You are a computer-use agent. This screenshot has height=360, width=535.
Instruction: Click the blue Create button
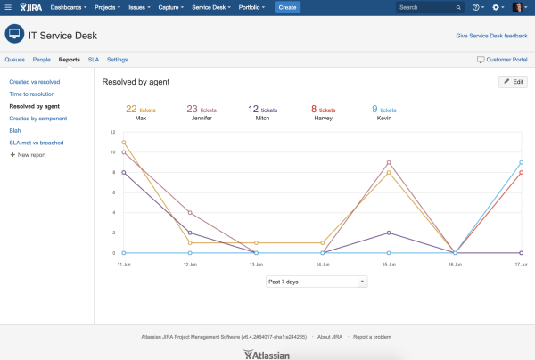[287, 7]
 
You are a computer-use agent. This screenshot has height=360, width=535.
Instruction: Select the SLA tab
[93, 60]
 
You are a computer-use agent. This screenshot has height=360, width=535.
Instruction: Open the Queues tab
[14, 60]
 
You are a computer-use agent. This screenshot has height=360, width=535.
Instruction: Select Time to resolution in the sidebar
[31, 93]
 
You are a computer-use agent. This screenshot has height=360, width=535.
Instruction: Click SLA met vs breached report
[37, 143]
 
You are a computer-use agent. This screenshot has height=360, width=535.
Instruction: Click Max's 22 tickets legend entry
[141, 112]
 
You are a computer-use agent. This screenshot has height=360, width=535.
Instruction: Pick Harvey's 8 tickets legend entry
[324, 112]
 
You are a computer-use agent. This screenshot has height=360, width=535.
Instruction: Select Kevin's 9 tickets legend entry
[383, 112]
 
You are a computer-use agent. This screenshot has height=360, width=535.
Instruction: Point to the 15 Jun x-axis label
[389, 266]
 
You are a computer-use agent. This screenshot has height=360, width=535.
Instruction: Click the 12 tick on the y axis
[113, 132]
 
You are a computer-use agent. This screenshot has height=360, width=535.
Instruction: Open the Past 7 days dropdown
[317, 282]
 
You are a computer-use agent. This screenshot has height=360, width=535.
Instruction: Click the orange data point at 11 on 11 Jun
[124, 142]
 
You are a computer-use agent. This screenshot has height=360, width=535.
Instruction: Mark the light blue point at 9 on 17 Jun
[522, 162]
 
